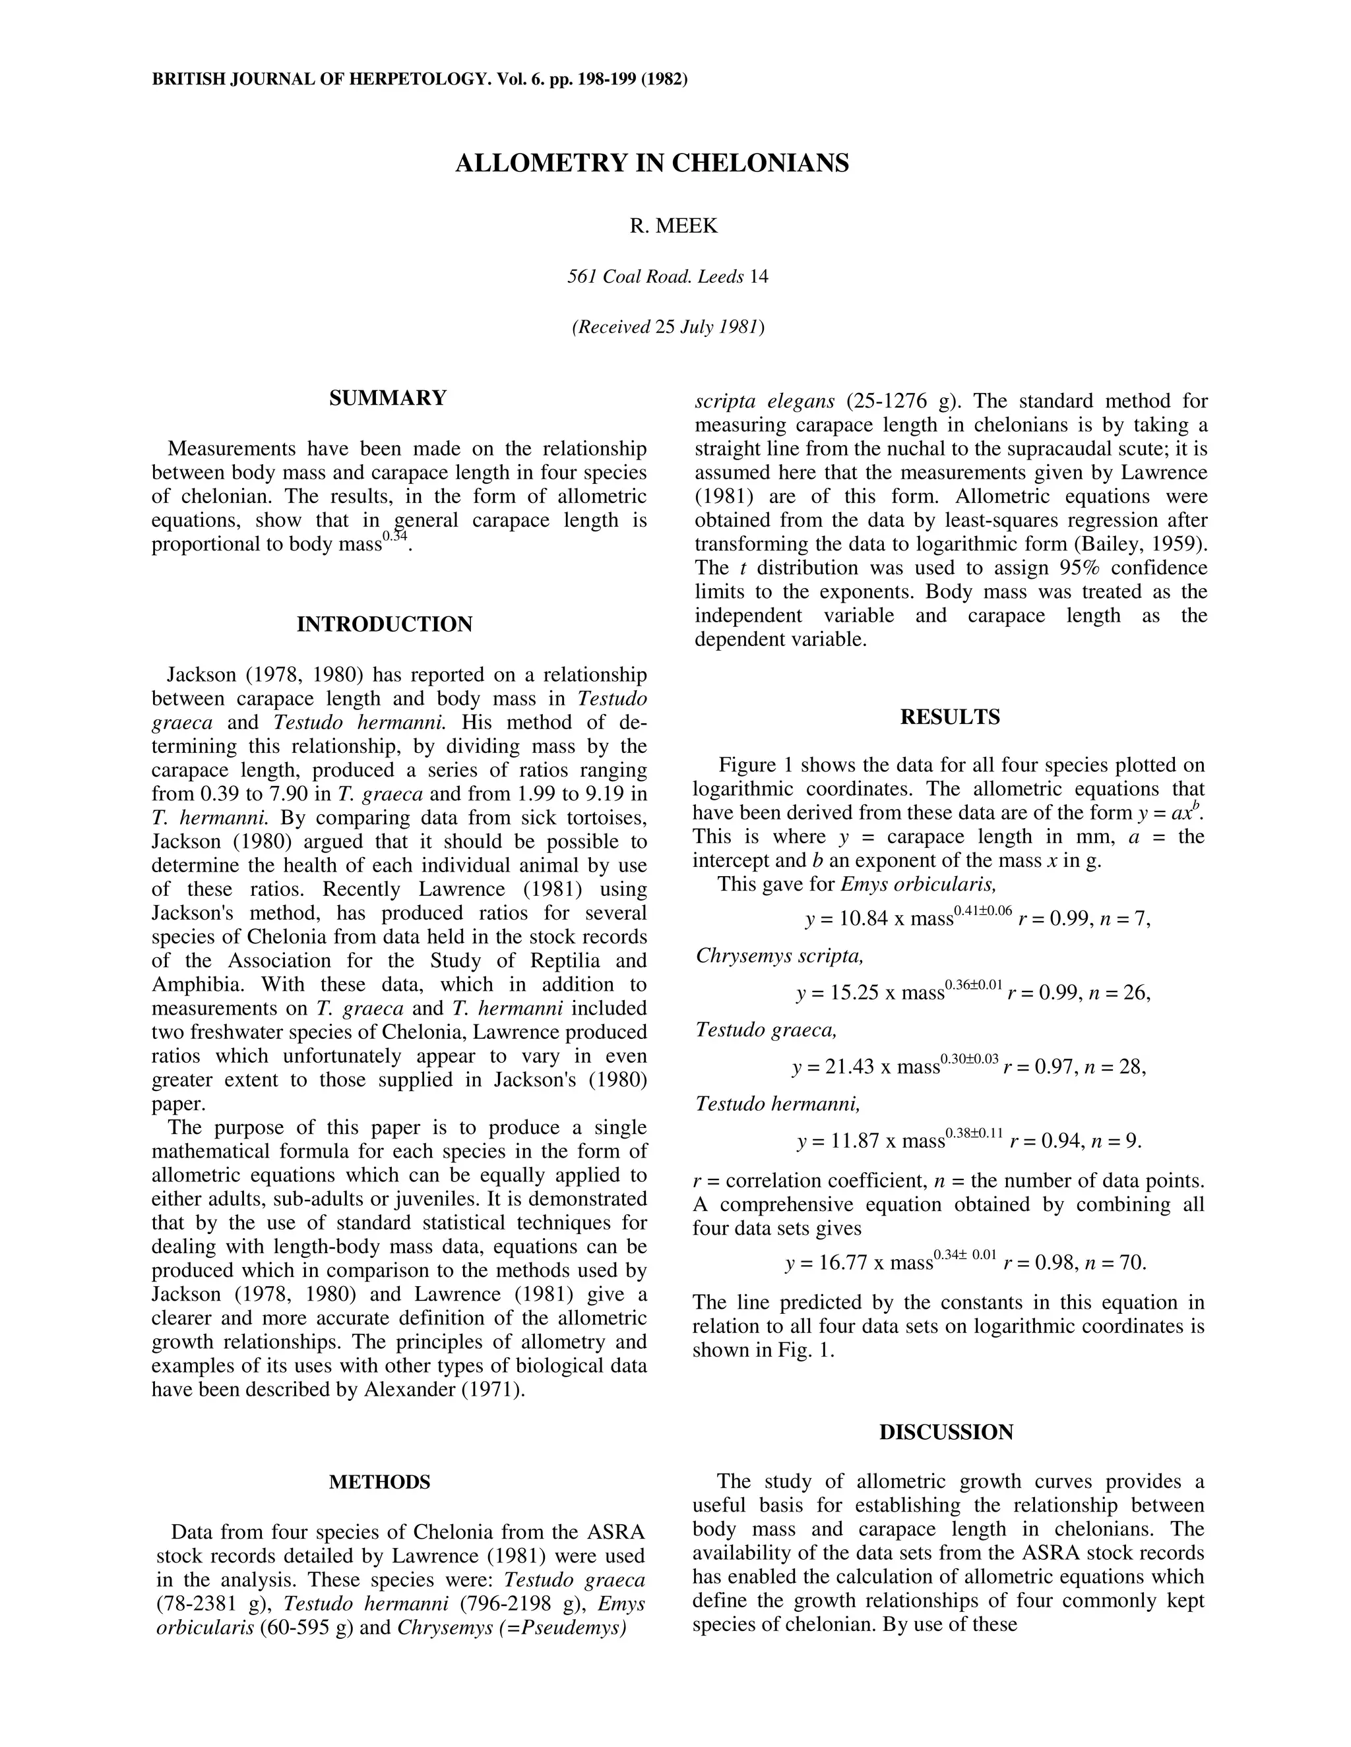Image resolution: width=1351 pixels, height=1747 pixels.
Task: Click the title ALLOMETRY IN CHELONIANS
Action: [652, 163]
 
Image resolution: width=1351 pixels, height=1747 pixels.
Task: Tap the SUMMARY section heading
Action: [387, 398]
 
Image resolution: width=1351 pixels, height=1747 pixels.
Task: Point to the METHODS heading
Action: [379, 1481]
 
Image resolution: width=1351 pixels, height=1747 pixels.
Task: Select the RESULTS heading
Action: [949, 717]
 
